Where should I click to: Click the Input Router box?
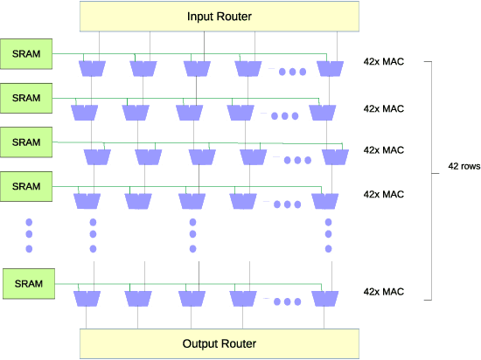point(220,17)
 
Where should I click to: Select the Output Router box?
point(220,343)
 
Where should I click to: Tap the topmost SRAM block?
point(26,52)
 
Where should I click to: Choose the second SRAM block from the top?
point(26,97)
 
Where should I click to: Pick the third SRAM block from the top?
point(26,142)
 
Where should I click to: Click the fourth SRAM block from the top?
point(26,185)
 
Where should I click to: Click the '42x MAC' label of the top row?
point(383,63)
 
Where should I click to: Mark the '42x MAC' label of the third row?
point(383,150)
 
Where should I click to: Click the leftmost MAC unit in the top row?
point(91,68)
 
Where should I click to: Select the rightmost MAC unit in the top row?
point(330,68)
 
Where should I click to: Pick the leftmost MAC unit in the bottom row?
point(85,298)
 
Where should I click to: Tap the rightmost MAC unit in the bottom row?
point(324,298)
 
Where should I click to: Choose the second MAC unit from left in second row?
point(137,112)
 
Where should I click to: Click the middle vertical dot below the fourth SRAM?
point(29,235)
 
